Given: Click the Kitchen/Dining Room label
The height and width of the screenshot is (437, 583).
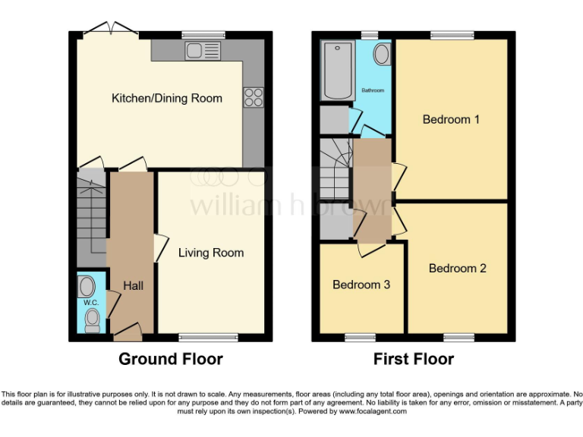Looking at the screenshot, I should [167, 98].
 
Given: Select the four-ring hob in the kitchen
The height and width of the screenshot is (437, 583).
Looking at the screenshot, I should [253, 97].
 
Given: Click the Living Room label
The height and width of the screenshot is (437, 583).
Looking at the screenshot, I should [211, 253].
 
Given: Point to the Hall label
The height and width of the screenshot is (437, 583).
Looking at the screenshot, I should [133, 285].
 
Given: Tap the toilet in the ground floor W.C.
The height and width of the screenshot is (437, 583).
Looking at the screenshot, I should [93, 319].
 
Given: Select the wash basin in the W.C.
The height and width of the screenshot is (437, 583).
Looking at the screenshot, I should [87, 286].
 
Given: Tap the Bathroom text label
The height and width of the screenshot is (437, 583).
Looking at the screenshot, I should [373, 90].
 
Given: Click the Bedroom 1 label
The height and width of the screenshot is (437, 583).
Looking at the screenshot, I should [451, 119].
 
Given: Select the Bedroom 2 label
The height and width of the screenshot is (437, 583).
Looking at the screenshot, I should [457, 268].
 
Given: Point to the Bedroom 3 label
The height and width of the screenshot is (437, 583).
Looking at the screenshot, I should [361, 285].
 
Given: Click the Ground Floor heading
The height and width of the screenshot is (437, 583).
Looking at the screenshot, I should [171, 359].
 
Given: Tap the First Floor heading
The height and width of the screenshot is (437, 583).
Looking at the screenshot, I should [414, 359].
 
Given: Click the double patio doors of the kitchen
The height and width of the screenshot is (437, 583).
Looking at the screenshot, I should [111, 30].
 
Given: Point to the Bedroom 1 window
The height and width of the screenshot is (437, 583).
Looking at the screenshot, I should [452, 35].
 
